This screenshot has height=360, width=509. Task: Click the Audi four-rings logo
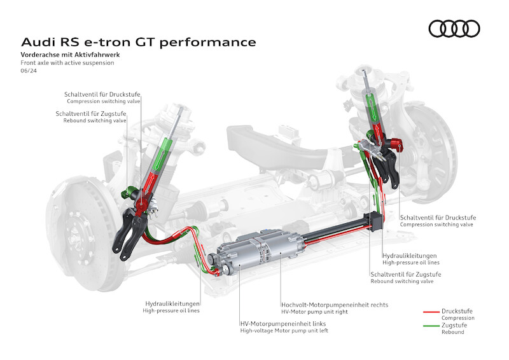(454, 29)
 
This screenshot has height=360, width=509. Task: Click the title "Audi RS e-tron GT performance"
(139, 42)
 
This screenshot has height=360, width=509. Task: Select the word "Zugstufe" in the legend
(455, 325)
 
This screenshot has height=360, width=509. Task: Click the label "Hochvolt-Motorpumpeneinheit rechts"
(335, 305)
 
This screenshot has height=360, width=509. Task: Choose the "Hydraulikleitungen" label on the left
(173, 303)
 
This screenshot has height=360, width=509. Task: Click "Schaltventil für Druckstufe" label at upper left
(103, 95)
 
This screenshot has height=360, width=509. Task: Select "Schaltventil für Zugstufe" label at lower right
(406, 274)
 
